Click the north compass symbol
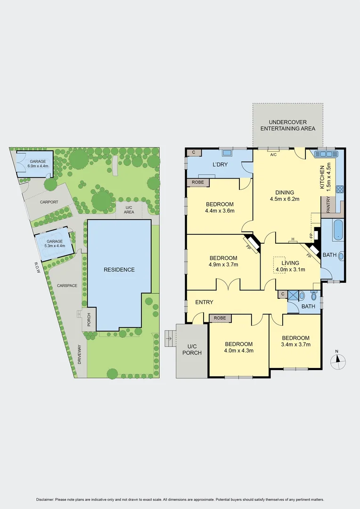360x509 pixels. (x=337, y=361)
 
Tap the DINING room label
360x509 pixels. (x=282, y=192)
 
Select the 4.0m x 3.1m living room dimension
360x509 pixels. (x=290, y=270)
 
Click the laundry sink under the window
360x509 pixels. (x=227, y=153)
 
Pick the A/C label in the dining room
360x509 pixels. (x=273, y=154)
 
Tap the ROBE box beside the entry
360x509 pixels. (x=220, y=319)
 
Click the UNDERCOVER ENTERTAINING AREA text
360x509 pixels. (x=287, y=125)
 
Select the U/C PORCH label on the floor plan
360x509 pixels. (x=192, y=349)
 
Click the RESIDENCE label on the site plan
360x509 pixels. (x=119, y=270)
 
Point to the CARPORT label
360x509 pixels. (x=49, y=202)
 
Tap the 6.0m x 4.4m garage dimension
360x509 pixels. (x=38, y=166)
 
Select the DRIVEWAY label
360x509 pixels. (x=80, y=354)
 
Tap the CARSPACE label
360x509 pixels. (x=67, y=286)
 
